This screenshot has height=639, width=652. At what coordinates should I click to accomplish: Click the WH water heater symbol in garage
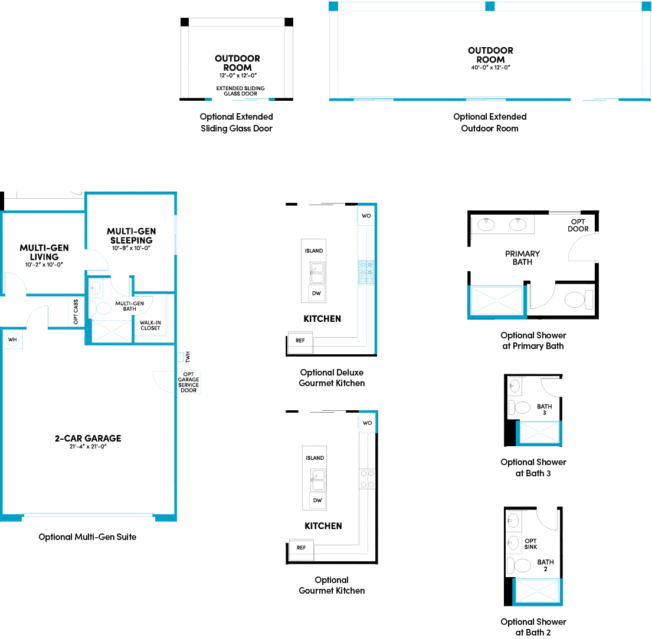tap(12, 340)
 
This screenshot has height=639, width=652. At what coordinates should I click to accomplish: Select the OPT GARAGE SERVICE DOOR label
tap(189, 382)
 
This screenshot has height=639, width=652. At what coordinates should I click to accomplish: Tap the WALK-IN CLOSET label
tap(150, 325)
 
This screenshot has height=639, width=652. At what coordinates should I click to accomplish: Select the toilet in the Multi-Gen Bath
tap(101, 308)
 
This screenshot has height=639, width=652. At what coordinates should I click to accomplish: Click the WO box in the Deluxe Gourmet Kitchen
tap(366, 216)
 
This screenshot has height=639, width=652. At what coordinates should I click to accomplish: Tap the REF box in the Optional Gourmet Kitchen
tap(301, 548)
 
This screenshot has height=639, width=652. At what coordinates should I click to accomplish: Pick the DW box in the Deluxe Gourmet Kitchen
tap(317, 293)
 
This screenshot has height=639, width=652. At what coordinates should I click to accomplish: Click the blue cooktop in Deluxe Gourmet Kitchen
tap(366, 273)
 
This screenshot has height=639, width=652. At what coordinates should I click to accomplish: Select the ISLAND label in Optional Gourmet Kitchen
tap(314, 458)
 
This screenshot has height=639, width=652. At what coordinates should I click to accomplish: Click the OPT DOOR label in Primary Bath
tap(578, 225)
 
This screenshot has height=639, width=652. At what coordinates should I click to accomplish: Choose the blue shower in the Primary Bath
tap(496, 301)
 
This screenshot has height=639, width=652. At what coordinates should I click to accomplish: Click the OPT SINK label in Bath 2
tap(530, 544)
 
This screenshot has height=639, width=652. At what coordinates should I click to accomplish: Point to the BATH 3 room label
tap(544, 409)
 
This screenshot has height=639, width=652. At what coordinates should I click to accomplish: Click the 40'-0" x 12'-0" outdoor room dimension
tap(490, 67)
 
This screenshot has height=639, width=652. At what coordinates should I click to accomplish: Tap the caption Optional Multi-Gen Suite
tap(87, 537)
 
